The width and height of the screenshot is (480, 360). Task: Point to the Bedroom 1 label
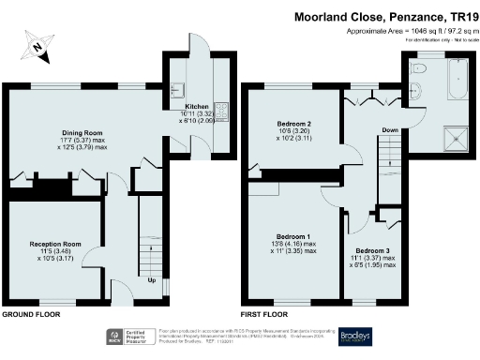tap(291, 236)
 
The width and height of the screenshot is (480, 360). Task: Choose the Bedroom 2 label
tap(293, 124)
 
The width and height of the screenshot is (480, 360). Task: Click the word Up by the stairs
tap(152, 279)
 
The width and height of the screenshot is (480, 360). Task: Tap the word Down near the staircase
tap(388, 129)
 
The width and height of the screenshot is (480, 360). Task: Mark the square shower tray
tap(455, 135)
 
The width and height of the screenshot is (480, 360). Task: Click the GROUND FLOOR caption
tap(33, 315)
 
